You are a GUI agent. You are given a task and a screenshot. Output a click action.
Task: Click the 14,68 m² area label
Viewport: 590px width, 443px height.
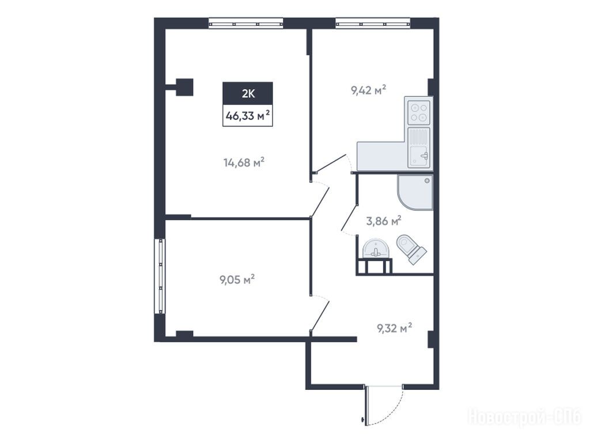[x=244, y=163]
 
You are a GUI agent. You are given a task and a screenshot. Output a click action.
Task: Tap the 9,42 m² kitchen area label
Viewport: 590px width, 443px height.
[x=369, y=91]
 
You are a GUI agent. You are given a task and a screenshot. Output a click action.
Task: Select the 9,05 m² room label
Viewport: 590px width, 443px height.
[x=237, y=280]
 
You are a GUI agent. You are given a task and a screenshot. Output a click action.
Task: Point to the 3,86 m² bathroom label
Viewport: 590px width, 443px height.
[x=384, y=221]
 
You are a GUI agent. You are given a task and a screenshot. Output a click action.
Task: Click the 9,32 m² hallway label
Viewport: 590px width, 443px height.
[x=394, y=328]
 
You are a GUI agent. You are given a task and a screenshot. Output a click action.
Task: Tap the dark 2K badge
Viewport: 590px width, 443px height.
[x=248, y=93]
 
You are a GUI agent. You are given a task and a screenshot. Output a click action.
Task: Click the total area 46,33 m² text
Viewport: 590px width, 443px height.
[x=248, y=115]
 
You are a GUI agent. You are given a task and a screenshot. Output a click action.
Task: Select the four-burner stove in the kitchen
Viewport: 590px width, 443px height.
[x=419, y=111]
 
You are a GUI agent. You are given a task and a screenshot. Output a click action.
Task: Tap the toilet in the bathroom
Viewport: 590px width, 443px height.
[x=411, y=249]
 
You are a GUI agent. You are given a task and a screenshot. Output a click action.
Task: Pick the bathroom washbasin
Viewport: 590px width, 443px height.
[x=375, y=249]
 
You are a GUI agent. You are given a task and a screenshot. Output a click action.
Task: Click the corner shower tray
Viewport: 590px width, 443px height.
[x=415, y=192]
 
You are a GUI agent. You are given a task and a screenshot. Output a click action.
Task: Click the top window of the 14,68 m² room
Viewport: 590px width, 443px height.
[x=245, y=24]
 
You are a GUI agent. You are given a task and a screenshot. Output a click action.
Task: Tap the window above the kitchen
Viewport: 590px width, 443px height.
[x=373, y=24]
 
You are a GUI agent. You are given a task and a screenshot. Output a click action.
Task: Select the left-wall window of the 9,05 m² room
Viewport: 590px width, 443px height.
[x=160, y=276]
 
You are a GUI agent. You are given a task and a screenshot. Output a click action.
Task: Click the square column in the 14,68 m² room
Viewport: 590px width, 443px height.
[x=184, y=87]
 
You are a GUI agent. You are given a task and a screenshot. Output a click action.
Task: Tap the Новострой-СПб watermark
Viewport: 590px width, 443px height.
[x=524, y=417]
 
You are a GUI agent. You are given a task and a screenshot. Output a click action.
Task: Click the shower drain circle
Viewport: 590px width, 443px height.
[x=427, y=181]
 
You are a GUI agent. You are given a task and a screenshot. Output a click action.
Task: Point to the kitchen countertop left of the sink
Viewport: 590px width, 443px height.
[x=382, y=155]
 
